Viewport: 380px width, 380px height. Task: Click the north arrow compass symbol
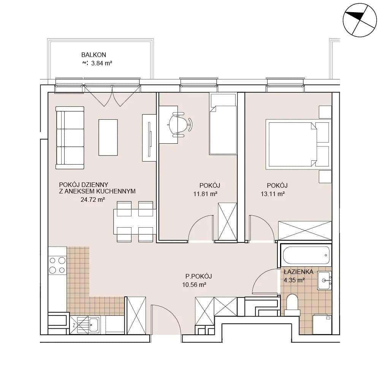click(360, 20)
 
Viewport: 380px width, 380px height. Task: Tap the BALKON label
click(93, 55)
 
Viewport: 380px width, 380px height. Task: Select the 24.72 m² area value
click(93, 199)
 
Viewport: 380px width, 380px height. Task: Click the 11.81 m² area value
click(205, 194)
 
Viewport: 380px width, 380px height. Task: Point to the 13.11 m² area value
click(272, 194)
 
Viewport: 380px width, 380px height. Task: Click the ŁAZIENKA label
click(299, 272)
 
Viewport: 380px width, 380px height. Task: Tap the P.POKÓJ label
click(198, 276)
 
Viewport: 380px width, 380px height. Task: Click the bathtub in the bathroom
click(306, 255)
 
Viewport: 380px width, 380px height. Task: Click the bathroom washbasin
click(324, 280)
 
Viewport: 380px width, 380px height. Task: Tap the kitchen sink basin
click(93, 325)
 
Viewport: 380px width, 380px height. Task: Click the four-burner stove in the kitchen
click(57, 265)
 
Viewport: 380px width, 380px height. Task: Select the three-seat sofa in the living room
click(70, 138)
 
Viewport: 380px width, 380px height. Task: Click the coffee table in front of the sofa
click(108, 138)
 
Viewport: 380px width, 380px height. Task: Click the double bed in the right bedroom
click(298, 144)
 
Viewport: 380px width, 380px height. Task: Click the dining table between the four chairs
click(135, 222)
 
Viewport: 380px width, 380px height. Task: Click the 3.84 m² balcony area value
click(101, 63)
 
